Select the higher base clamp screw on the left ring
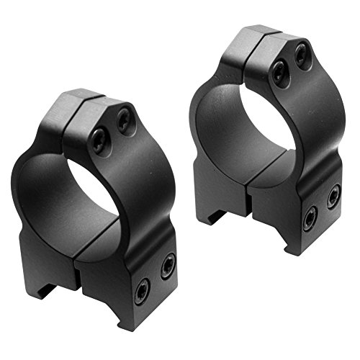(x=167, y=266)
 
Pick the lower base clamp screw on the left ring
(x=140, y=289)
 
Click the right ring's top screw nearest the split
(x=277, y=70)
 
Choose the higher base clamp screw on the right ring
(x=333, y=195)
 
